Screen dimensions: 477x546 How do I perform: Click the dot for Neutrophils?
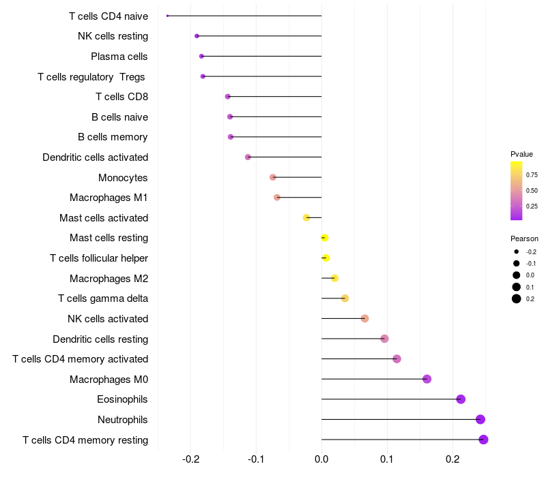point(480,420)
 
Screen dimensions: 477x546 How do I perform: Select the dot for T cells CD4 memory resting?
point(483,440)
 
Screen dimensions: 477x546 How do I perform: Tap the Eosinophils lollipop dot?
point(461,399)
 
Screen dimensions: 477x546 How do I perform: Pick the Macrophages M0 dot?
point(427,379)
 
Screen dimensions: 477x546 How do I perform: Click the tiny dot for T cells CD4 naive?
point(167,16)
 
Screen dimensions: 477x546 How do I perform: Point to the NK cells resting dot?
point(197,36)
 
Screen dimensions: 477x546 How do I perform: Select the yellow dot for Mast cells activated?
point(306,217)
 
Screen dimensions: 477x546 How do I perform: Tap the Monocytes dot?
point(273,177)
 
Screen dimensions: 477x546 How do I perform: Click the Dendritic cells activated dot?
point(248,157)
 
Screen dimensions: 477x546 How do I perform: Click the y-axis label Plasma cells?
point(119,57)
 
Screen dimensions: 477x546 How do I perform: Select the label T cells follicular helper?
point(99,258)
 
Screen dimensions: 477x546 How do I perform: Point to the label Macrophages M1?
point(109,198)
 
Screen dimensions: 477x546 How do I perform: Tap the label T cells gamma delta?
point(103,298)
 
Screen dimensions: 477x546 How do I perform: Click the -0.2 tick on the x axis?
point(191,460)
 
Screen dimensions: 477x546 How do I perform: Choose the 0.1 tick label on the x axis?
point(387,460)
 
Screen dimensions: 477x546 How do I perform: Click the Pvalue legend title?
point(521,154)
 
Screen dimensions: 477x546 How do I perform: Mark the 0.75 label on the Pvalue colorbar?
point(532,175)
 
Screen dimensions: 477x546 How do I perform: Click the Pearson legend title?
point(524,238)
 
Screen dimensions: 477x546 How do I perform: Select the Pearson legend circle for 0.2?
point(517,298)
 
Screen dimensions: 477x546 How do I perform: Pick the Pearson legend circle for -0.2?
point(517,252)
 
